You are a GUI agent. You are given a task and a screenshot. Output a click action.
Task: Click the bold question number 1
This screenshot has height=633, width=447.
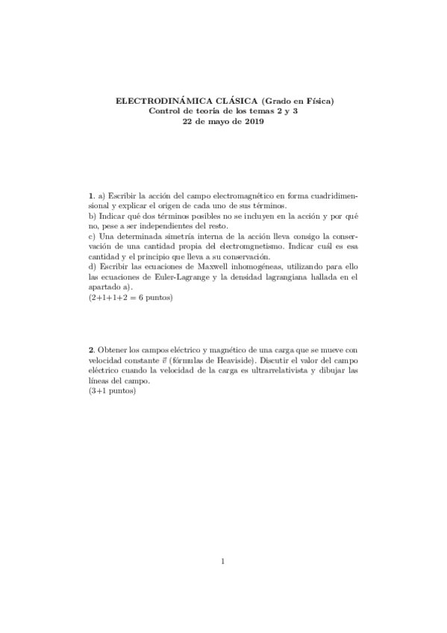91,196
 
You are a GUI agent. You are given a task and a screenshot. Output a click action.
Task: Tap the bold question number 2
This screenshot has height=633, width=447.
91,349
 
